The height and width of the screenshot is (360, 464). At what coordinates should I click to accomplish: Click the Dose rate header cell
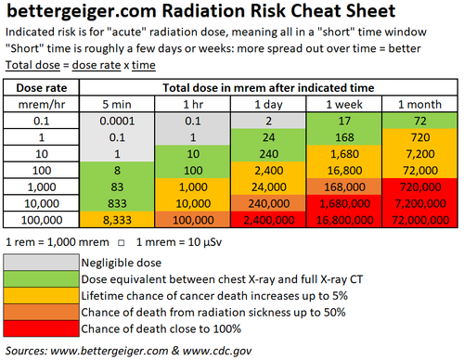point(42,86)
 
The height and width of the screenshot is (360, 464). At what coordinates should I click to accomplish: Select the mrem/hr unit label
point(42,102)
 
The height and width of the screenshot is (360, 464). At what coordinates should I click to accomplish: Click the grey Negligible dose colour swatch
point(42,264)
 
